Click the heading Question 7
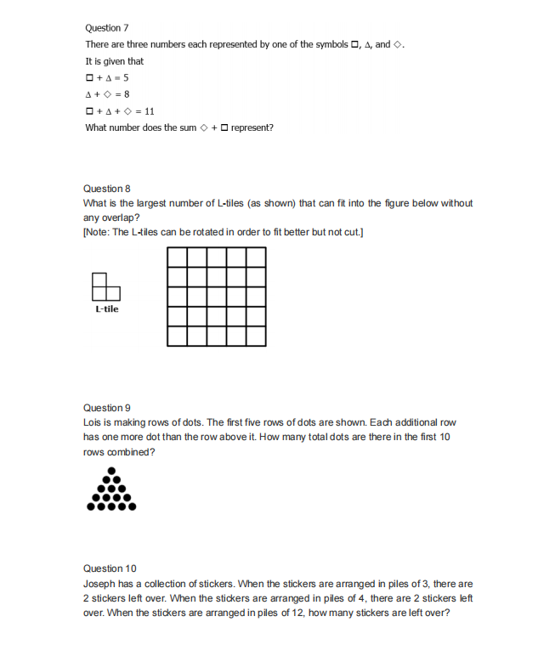click(x=107, y=28)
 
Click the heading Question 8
click(x=106, y=188)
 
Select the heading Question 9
click(x=106, y=408)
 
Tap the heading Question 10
click(x=110, y=568)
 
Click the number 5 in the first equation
click(x=125, y=77)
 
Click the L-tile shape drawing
click(x=104, y=286)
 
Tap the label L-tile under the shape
click(x=106, y=309)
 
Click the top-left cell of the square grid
click(x=178, y=257)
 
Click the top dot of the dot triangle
click(x=111, y=472)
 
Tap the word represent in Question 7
click(x=252, y=127)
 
